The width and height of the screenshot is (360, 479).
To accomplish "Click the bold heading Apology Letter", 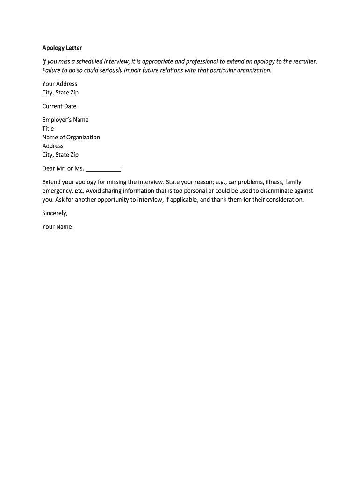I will pos(62,48).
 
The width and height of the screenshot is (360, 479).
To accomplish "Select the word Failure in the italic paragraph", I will pos(52,70).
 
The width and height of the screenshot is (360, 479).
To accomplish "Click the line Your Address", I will pos(59,84).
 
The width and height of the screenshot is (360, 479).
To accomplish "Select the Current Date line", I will pos(59,106).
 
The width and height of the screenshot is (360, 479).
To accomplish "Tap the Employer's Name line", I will pos(65,120).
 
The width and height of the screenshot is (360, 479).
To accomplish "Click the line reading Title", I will pos(48,129).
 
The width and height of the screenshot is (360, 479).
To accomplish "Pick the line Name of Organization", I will pos(71,138).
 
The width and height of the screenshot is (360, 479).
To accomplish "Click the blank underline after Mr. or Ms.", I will pos(103,169).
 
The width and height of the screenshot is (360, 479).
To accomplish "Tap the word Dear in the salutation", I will pos(49,169).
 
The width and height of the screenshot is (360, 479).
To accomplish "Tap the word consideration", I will pos(285,200).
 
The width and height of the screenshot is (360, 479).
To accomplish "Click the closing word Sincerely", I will pos(55,213).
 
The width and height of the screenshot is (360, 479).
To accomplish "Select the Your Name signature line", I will pos(57,227).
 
